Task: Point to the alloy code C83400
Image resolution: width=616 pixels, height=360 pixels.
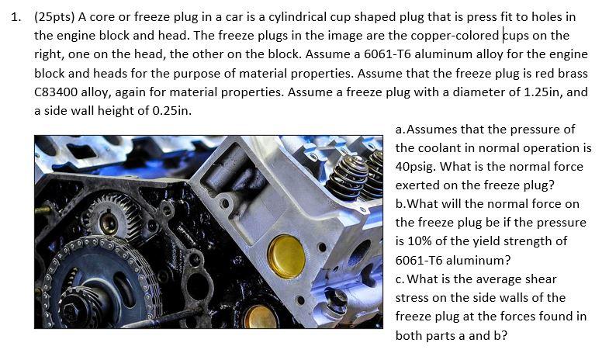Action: point(57,92)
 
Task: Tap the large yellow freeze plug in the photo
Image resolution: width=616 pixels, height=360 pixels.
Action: point(286,256)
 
